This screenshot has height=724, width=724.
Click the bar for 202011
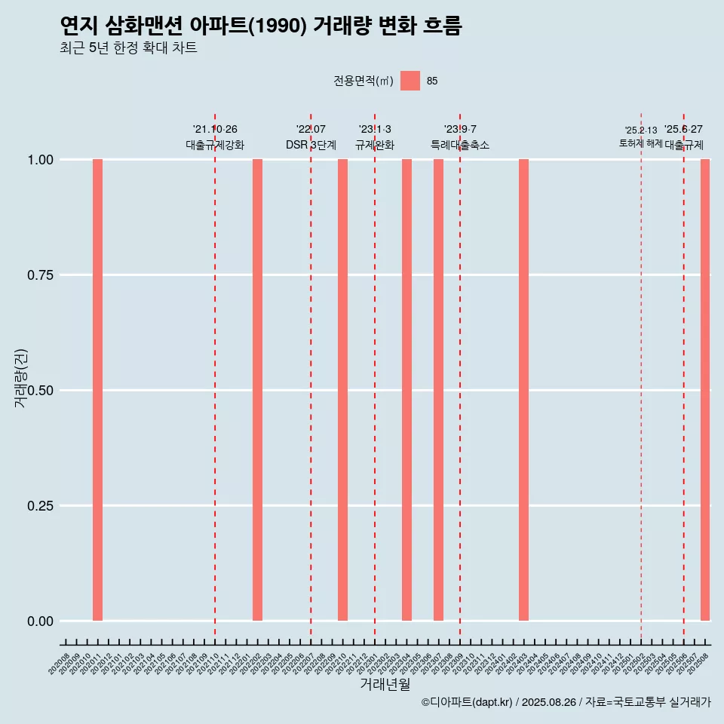click(x=97, y=390)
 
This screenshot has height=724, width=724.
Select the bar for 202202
click(x=257, y=390)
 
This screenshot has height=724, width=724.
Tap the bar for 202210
click(x=342, y=390)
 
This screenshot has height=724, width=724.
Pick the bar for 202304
click(x=406, y=390)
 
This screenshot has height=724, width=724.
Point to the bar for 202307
click(x=438, y=390)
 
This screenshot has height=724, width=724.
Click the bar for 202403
click(x=523, y=390)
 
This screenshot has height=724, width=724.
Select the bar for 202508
click(x=705, y=390)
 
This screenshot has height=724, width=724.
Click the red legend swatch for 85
click(x=410, y=81)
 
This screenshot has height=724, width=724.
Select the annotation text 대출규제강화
click(x=215, y=145)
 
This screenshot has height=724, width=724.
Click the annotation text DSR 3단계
click(x=311, y=145)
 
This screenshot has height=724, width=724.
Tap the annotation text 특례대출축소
click(x=460, y=145)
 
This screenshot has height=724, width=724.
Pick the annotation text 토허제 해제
click(x=640, y=143)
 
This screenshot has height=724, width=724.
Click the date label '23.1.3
click(x=375, y=130)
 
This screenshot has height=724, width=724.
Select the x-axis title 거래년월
click(x=385, y=685)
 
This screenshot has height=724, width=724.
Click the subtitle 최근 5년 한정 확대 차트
click(x=128, y=48)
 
